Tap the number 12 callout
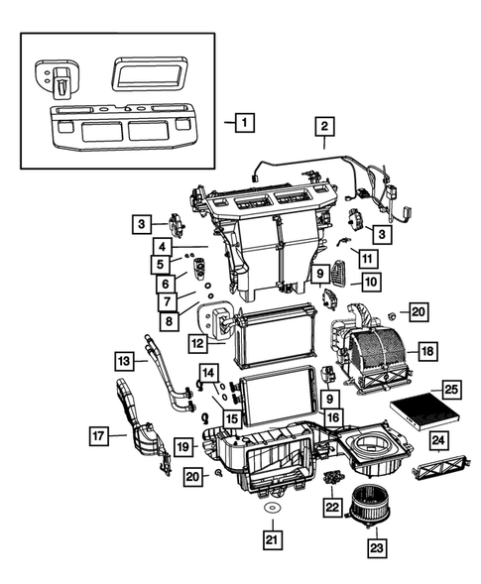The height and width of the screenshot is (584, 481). click(197, 343)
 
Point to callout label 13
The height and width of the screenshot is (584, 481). click(124, 359)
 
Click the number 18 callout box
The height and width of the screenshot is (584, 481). click(427, 351)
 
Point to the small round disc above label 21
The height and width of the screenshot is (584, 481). click(269, 508)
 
